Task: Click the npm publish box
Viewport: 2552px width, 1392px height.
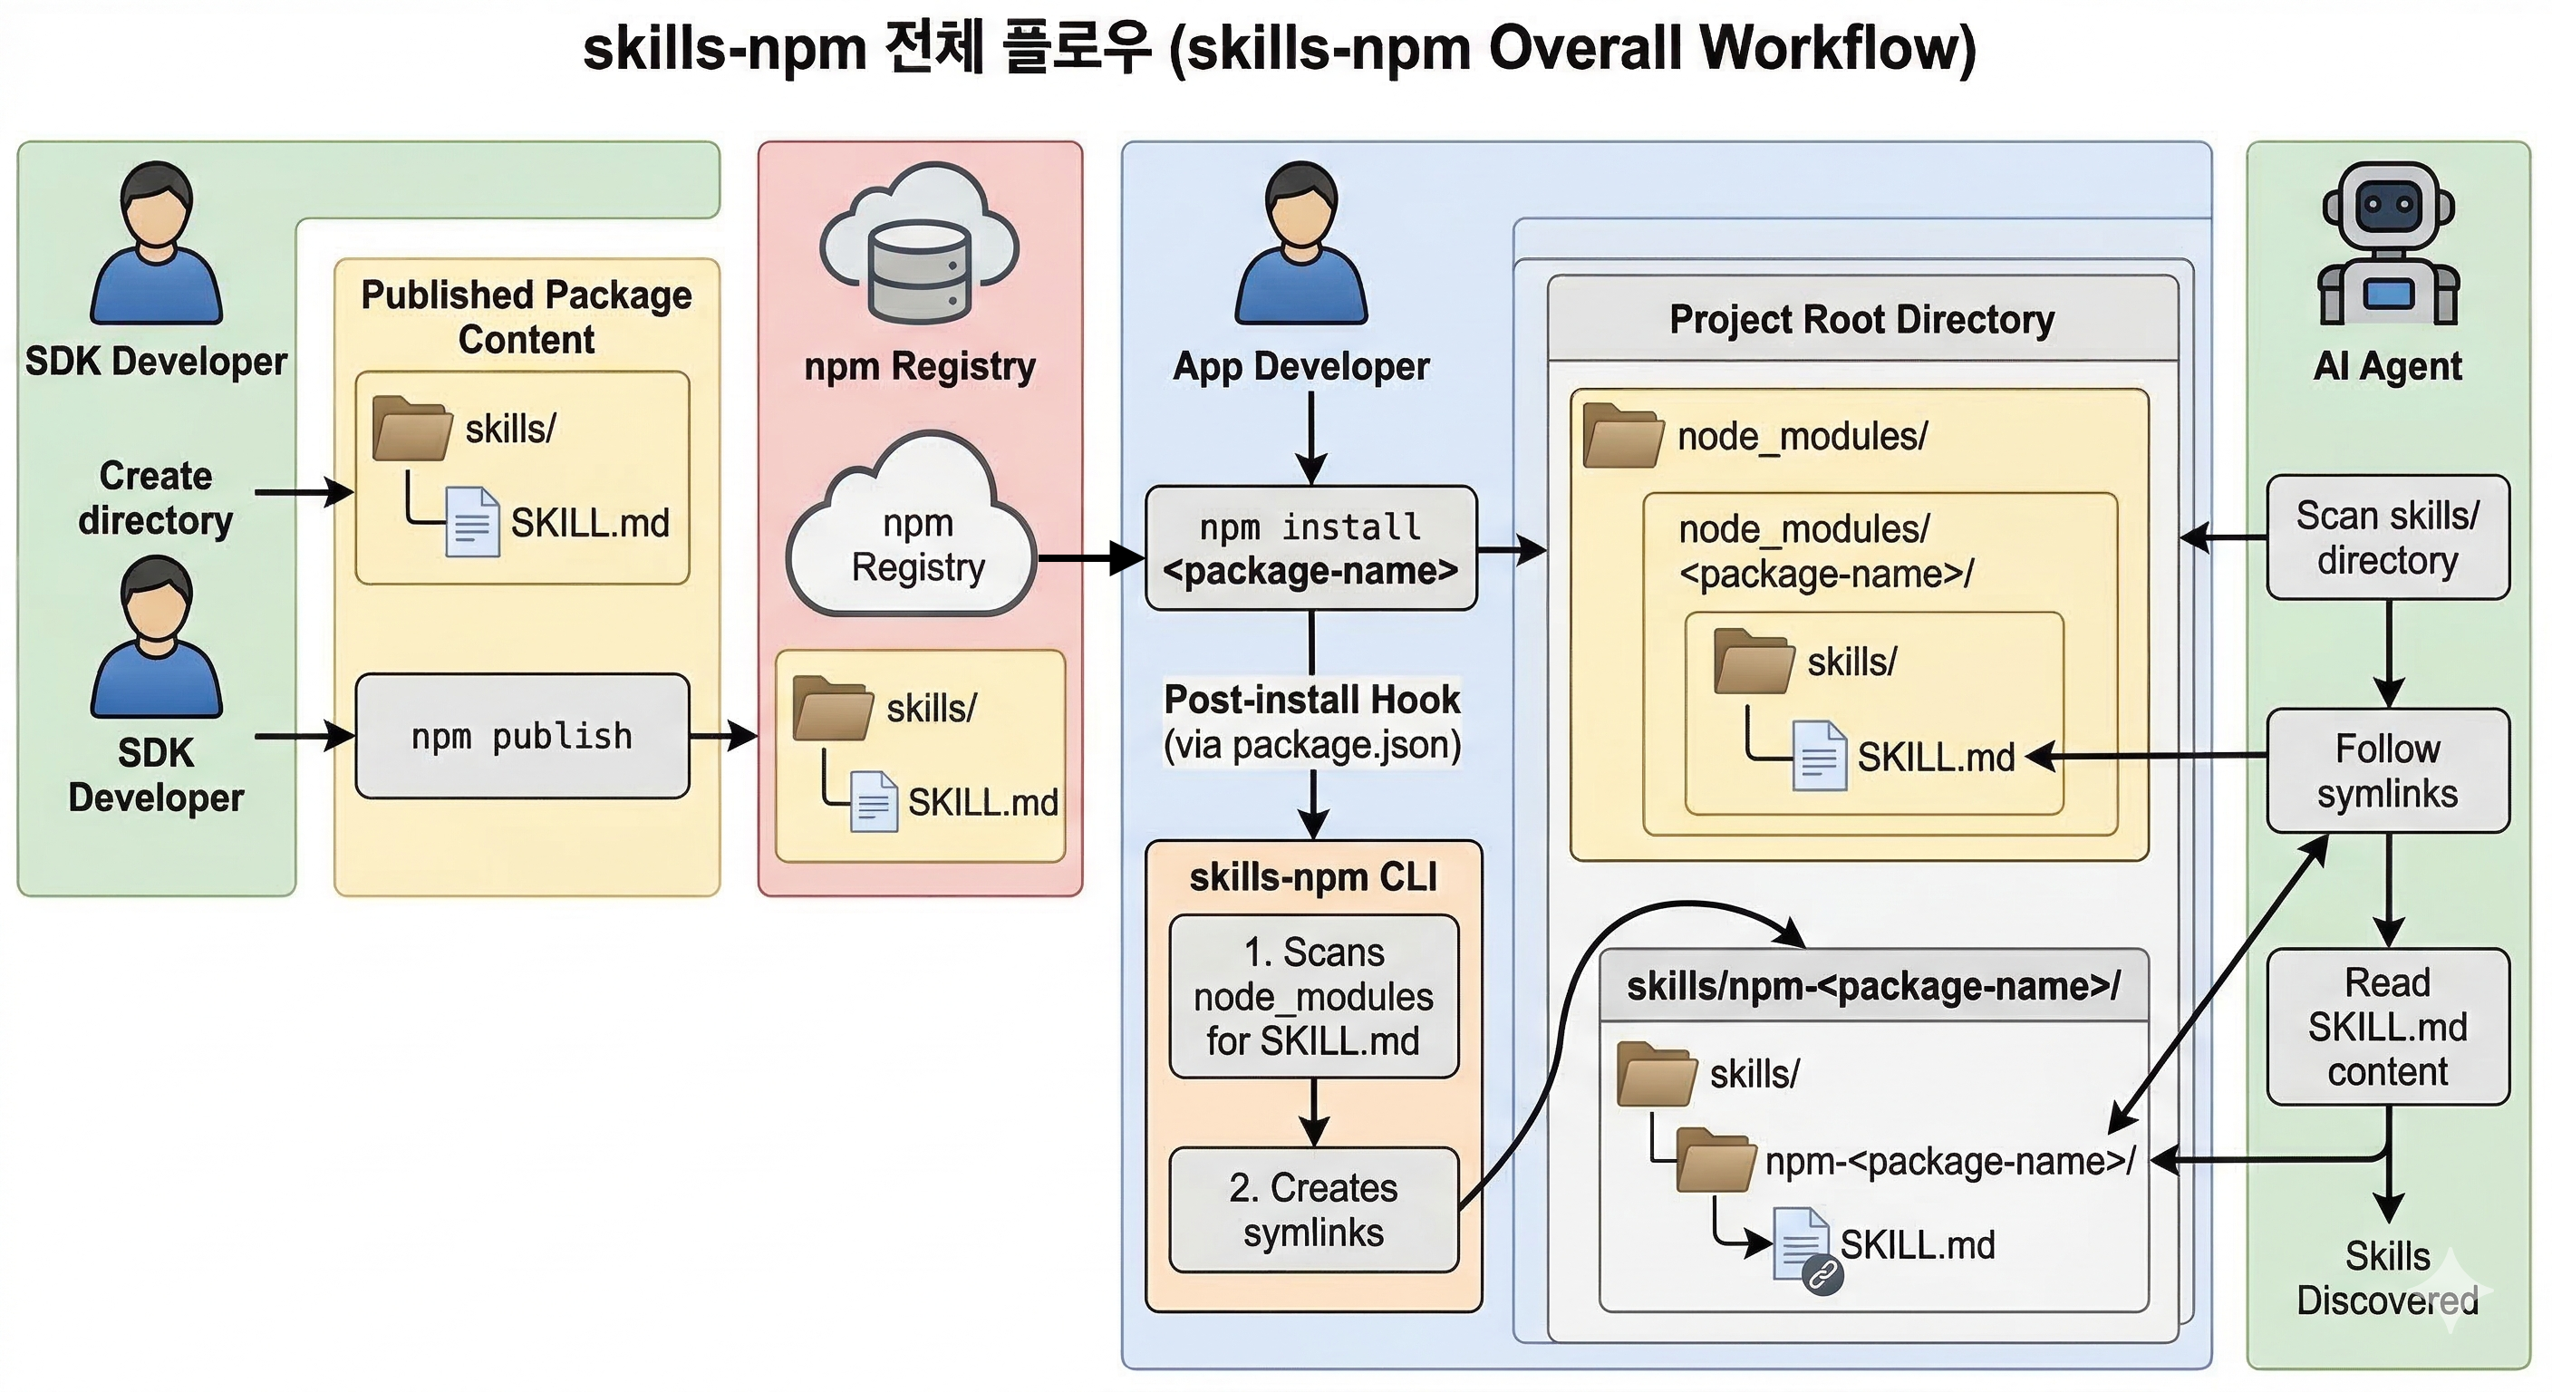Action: (x=522, y=736)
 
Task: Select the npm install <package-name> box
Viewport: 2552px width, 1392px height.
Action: (x=1310, y=548)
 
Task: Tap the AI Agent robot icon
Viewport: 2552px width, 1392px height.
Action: (x=2388, y=245)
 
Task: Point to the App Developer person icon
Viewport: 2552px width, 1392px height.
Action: (x=1300, y=244)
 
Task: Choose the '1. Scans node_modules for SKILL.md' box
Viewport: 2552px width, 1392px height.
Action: (x=1314, y=997)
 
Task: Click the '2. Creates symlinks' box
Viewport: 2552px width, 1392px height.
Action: (x=1314, y=1210)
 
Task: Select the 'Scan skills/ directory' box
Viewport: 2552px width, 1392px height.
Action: (x=2388, y=537)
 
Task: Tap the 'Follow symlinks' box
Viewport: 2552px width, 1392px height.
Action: (x=2388, y=771)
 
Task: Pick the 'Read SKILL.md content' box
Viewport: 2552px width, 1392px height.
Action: (x=2388, y=1027)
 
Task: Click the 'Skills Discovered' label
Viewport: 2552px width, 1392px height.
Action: (x=2388, y=1278)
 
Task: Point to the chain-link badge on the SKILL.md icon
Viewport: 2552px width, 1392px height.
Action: (x=1822, y=1275)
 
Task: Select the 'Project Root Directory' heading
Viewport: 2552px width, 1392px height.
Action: (x=1861, y=320)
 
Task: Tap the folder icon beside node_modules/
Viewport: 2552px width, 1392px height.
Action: (x=1623, y=435)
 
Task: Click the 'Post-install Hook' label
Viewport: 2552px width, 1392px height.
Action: (x=1311, y=700)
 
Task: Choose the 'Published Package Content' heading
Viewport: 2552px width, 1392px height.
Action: (x=526, y=317)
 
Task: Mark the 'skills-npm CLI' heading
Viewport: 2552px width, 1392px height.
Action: (x=1312, y=877)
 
